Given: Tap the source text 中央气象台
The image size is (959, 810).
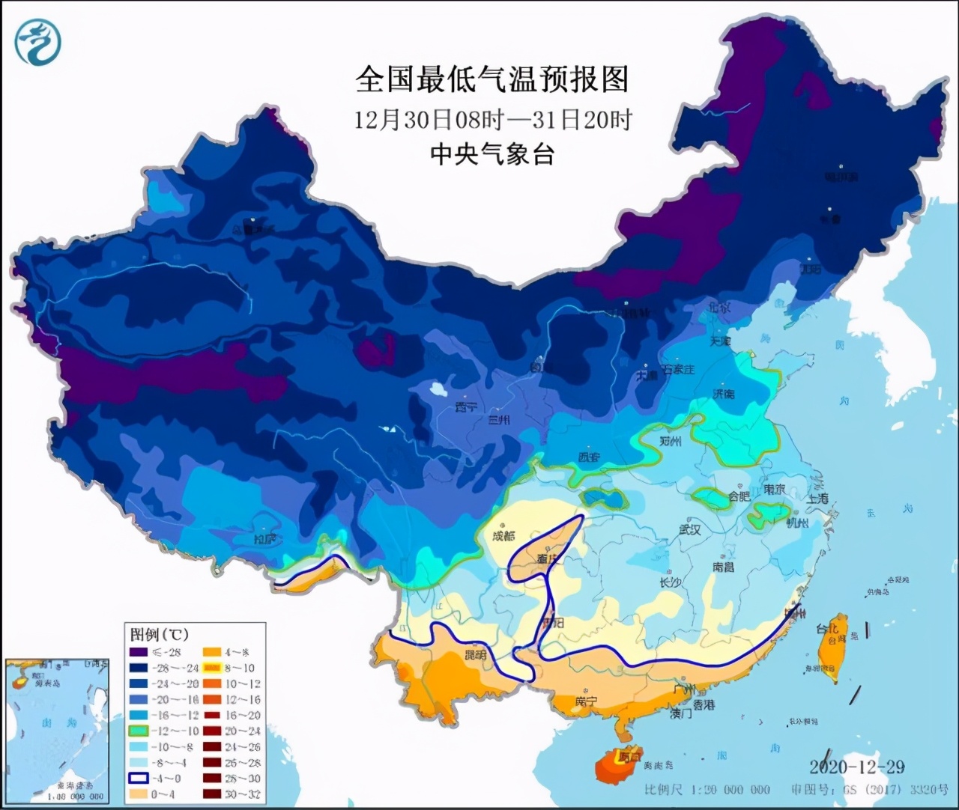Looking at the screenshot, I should click(x=491, y=154).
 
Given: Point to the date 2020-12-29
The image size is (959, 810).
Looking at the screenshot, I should click(x=856, y=767).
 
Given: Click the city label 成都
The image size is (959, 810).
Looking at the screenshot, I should click(x=504, y=535).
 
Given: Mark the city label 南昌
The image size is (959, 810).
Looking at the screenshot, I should click(x=723, y=567).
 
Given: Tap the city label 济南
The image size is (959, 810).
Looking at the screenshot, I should click(x=724, y=394).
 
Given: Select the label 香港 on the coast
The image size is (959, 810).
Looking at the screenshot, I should click(x=703, y=705).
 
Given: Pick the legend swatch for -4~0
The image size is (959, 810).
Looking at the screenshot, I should click(x=139, y=779).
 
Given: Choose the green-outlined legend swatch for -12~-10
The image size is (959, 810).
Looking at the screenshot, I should click(x=139, y=731).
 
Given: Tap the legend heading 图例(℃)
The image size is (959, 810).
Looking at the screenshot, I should click(x=160, y=635).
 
